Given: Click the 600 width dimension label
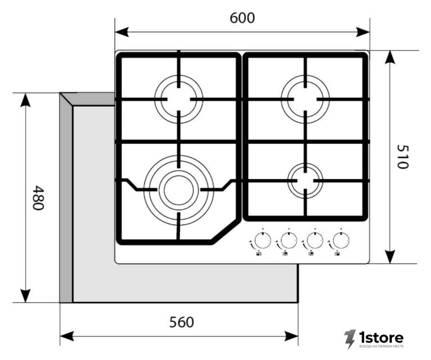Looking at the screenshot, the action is (242, 18).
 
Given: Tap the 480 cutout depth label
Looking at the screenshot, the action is (38, 198).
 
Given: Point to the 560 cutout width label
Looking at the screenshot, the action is (181, 322).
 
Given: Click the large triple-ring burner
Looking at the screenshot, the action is (179, 190).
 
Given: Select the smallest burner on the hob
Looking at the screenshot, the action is (305, 181).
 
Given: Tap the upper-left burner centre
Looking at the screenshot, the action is (179, 99).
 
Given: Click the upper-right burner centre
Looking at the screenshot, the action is (305, 99).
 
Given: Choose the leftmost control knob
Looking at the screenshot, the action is (263, 241).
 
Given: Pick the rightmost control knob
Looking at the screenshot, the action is (341, 241).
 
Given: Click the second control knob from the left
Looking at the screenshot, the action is (289, 241).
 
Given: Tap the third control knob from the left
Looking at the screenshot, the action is (315, 241).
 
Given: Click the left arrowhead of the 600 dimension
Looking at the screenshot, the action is (122, 32).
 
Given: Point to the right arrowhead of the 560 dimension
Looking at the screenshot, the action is (291, 336).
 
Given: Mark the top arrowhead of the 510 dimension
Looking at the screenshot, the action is (390, 57).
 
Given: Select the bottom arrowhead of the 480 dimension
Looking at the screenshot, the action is (25, 296).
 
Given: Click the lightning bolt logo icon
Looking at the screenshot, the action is (350, 339).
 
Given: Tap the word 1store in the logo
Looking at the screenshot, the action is (382, 337).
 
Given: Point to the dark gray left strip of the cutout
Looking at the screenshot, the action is (66, 198).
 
